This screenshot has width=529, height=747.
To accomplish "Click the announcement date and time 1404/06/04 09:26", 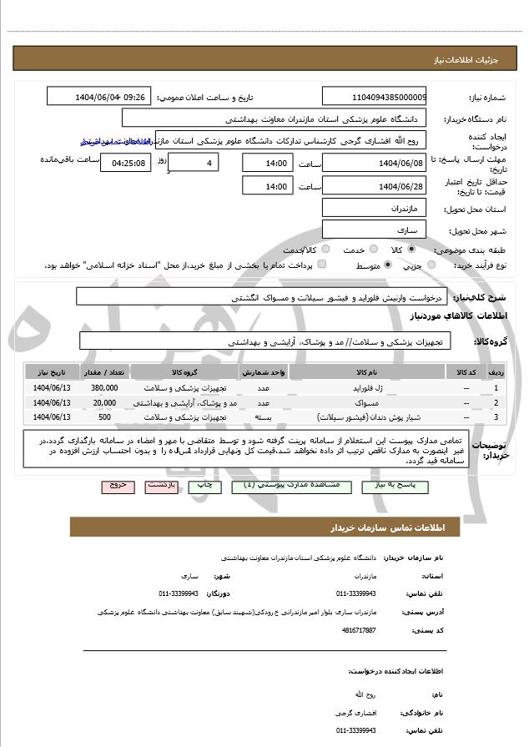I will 99,97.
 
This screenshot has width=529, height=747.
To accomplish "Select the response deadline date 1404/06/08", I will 374,163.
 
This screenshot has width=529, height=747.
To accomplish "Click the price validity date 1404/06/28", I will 374,186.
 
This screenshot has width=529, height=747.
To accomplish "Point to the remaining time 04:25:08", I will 126,163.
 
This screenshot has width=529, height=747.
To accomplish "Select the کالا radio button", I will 411,250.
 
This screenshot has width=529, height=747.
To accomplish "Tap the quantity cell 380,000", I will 104,388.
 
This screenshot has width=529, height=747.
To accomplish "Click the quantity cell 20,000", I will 104,402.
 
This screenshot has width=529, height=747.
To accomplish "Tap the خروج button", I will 118,484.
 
